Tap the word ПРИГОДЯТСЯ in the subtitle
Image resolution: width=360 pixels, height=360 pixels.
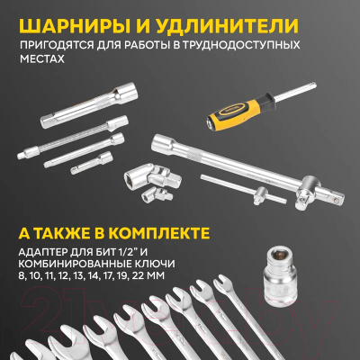51,44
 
